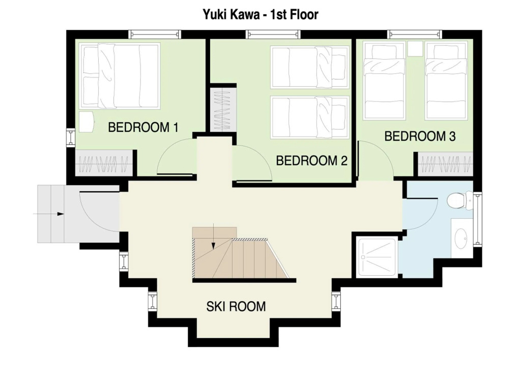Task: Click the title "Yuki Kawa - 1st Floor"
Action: [x=260, y=14]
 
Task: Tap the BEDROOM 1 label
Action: [x=143, y=127]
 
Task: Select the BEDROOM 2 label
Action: [x=312, y=161]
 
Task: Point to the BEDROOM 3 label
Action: [x=420, y=136]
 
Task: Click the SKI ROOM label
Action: [x=236, y=306]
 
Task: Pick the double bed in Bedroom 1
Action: [x=120, y=75]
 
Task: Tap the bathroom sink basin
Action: [x=461, y=238]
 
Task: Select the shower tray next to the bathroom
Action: [x=377, y=257]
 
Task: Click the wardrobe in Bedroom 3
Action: [x=445, y=164]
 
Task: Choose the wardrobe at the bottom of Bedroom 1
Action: [x=104, y=163]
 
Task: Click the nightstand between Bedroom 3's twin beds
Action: [x=415, y=48]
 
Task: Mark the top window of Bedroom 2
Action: [x=273, y=34]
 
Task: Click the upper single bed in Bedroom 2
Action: [x=310, y=67]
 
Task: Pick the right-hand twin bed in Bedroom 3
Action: [x=446, y=81]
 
